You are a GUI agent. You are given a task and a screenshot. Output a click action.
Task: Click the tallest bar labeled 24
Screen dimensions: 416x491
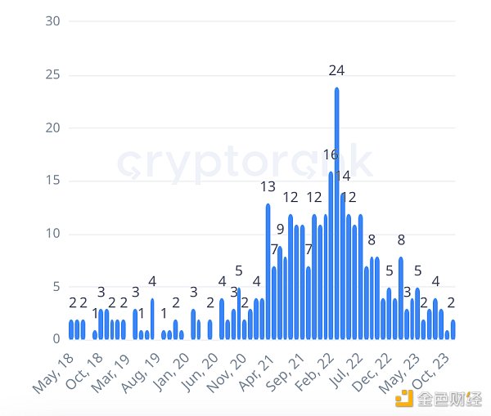(x=336, y=212)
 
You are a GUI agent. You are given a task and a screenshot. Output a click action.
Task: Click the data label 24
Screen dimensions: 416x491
(x=336, y=71)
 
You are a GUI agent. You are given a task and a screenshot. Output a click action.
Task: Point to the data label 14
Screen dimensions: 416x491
(x=343, y=176)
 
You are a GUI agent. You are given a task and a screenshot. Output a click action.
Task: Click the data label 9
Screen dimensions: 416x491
(x=280, y=229)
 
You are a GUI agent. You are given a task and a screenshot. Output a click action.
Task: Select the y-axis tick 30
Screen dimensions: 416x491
(x=53, y=21)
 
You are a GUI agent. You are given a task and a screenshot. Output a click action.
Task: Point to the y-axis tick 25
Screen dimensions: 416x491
(x=53, y=74)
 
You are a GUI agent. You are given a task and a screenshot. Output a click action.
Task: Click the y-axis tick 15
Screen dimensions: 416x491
(x=53, y=181)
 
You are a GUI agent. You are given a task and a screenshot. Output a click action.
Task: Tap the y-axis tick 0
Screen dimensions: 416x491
(x=56, y=339)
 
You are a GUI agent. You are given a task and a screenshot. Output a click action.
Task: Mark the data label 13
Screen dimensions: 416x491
(x=268, y=187)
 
